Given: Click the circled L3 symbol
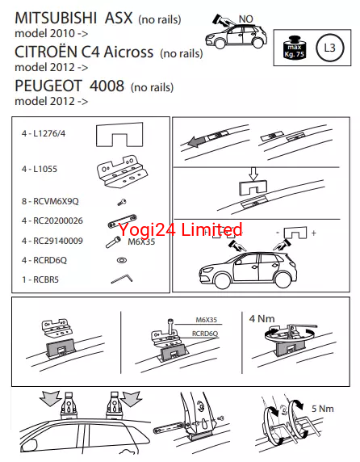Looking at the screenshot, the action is (329, 48).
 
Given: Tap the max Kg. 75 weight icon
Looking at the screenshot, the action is (294, 48).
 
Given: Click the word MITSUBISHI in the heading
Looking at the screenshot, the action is (56, 19).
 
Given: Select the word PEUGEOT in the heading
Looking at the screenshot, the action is (48, 86).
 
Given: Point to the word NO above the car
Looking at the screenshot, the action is (246, 19).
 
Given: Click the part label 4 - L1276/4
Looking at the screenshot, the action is (44, 133).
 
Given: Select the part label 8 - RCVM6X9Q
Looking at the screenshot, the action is (50, 201).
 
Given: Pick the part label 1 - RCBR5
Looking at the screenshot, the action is (40, 279).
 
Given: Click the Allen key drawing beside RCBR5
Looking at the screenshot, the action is (122, 279).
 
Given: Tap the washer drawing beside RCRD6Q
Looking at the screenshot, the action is (122, 260).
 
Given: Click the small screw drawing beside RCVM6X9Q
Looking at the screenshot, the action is (122, 202).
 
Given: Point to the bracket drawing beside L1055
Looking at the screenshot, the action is (122, 172).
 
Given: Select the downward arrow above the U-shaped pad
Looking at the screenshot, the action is (253, 174).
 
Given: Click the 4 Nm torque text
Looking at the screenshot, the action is (262, 318).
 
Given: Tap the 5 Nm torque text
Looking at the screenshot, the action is (323, 409).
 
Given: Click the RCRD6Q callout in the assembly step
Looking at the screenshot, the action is (205, 334).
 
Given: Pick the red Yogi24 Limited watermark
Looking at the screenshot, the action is (180, 229).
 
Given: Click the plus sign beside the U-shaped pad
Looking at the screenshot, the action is (314, 233).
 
